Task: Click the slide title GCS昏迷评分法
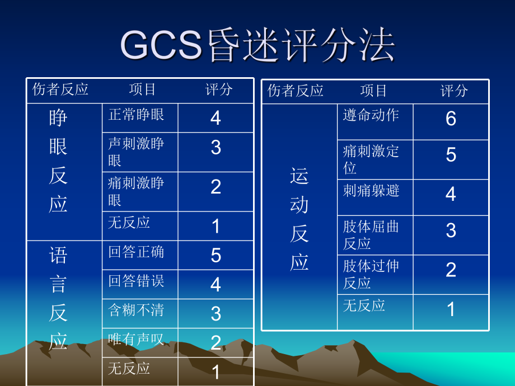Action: tap(257, 46)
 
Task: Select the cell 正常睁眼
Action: tap(136, 115)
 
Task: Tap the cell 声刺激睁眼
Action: tap(136, 152)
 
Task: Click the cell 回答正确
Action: tap(136, 252)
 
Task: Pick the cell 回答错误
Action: tap(136, 281)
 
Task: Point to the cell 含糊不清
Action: tap(136, 310)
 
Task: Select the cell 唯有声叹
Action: tap(136, 339)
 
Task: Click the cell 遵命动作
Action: tap(371, 115)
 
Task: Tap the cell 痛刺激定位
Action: tap(371, 159)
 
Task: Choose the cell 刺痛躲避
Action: tap(371, 191)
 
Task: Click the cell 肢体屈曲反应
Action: tap(371, 235)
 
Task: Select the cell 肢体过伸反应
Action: tap(371, 274)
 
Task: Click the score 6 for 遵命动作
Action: tap(451, 119)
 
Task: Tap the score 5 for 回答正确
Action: tap(216, 256)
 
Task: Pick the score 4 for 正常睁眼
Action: tap(216, 118)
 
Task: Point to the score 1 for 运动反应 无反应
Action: tap(451, 309)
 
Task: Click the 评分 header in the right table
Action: tap(454, 91)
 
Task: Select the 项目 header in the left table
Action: tap(143, 90)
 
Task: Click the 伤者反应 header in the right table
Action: tap(296, 91)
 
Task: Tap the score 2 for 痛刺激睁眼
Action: tap(216, 187)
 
